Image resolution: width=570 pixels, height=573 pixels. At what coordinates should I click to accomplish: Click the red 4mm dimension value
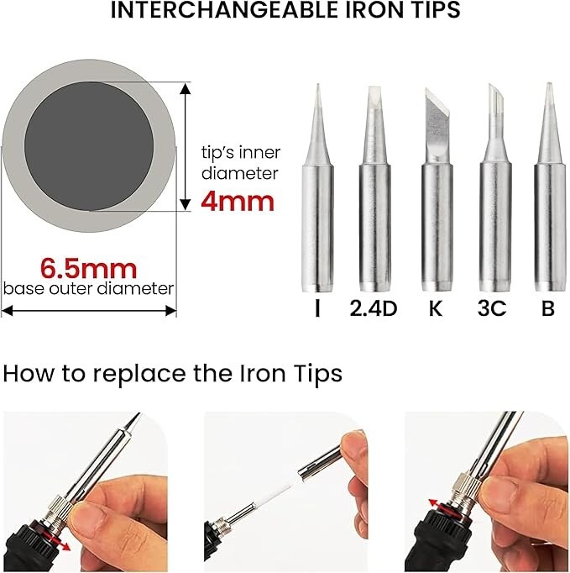[x=238, y=201]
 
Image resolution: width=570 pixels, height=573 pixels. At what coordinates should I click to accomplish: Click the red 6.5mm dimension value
[x=90, y=268]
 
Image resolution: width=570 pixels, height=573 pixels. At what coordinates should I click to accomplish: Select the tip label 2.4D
[x=373, y=309]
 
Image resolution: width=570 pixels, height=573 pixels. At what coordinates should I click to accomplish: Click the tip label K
[x=435, y=309]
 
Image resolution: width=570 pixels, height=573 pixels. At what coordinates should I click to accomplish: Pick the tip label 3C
[x=492, y=309]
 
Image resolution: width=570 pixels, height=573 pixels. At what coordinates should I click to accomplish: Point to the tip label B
[x=548, y=309]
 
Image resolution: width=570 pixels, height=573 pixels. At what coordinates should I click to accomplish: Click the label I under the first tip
[x=317, y=309]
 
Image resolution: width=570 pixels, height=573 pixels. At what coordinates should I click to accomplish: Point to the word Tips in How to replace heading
[x=314, y=374]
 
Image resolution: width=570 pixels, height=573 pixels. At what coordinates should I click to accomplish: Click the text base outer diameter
[x=89, y=289]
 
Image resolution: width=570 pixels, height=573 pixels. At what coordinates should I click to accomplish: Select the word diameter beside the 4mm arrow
[x=241, y=173]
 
